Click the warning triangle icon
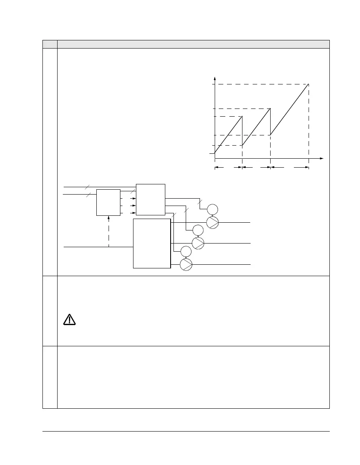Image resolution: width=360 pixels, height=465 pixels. (69, 320)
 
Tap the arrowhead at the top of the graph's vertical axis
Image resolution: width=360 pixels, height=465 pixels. (215, 78)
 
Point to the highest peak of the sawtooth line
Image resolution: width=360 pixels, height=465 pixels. (309, 84)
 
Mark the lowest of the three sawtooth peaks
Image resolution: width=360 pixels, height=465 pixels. (242, 117)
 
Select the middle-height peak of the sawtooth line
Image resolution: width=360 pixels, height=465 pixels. (270, 108)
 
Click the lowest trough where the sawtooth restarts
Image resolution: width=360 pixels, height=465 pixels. (242, 145)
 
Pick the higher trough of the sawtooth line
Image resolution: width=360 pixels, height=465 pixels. (270, 135)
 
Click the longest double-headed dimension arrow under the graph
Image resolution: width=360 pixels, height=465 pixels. (289, 167)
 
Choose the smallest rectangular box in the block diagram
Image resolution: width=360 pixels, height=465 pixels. (108, 202)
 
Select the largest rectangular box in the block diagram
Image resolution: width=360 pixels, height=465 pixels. (152, 244)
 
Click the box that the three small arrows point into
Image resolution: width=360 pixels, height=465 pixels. (151, 199)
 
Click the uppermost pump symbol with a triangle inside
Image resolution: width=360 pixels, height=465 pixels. (212, 222)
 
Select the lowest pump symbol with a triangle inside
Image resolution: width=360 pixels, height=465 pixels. (186, 264)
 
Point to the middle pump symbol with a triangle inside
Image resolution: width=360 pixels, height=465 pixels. (198, 243)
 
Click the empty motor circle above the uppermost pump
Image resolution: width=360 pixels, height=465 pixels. (212, 210)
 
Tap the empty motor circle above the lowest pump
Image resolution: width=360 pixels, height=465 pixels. (186, 252)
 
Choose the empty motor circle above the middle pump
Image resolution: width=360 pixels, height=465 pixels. (198, 230)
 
